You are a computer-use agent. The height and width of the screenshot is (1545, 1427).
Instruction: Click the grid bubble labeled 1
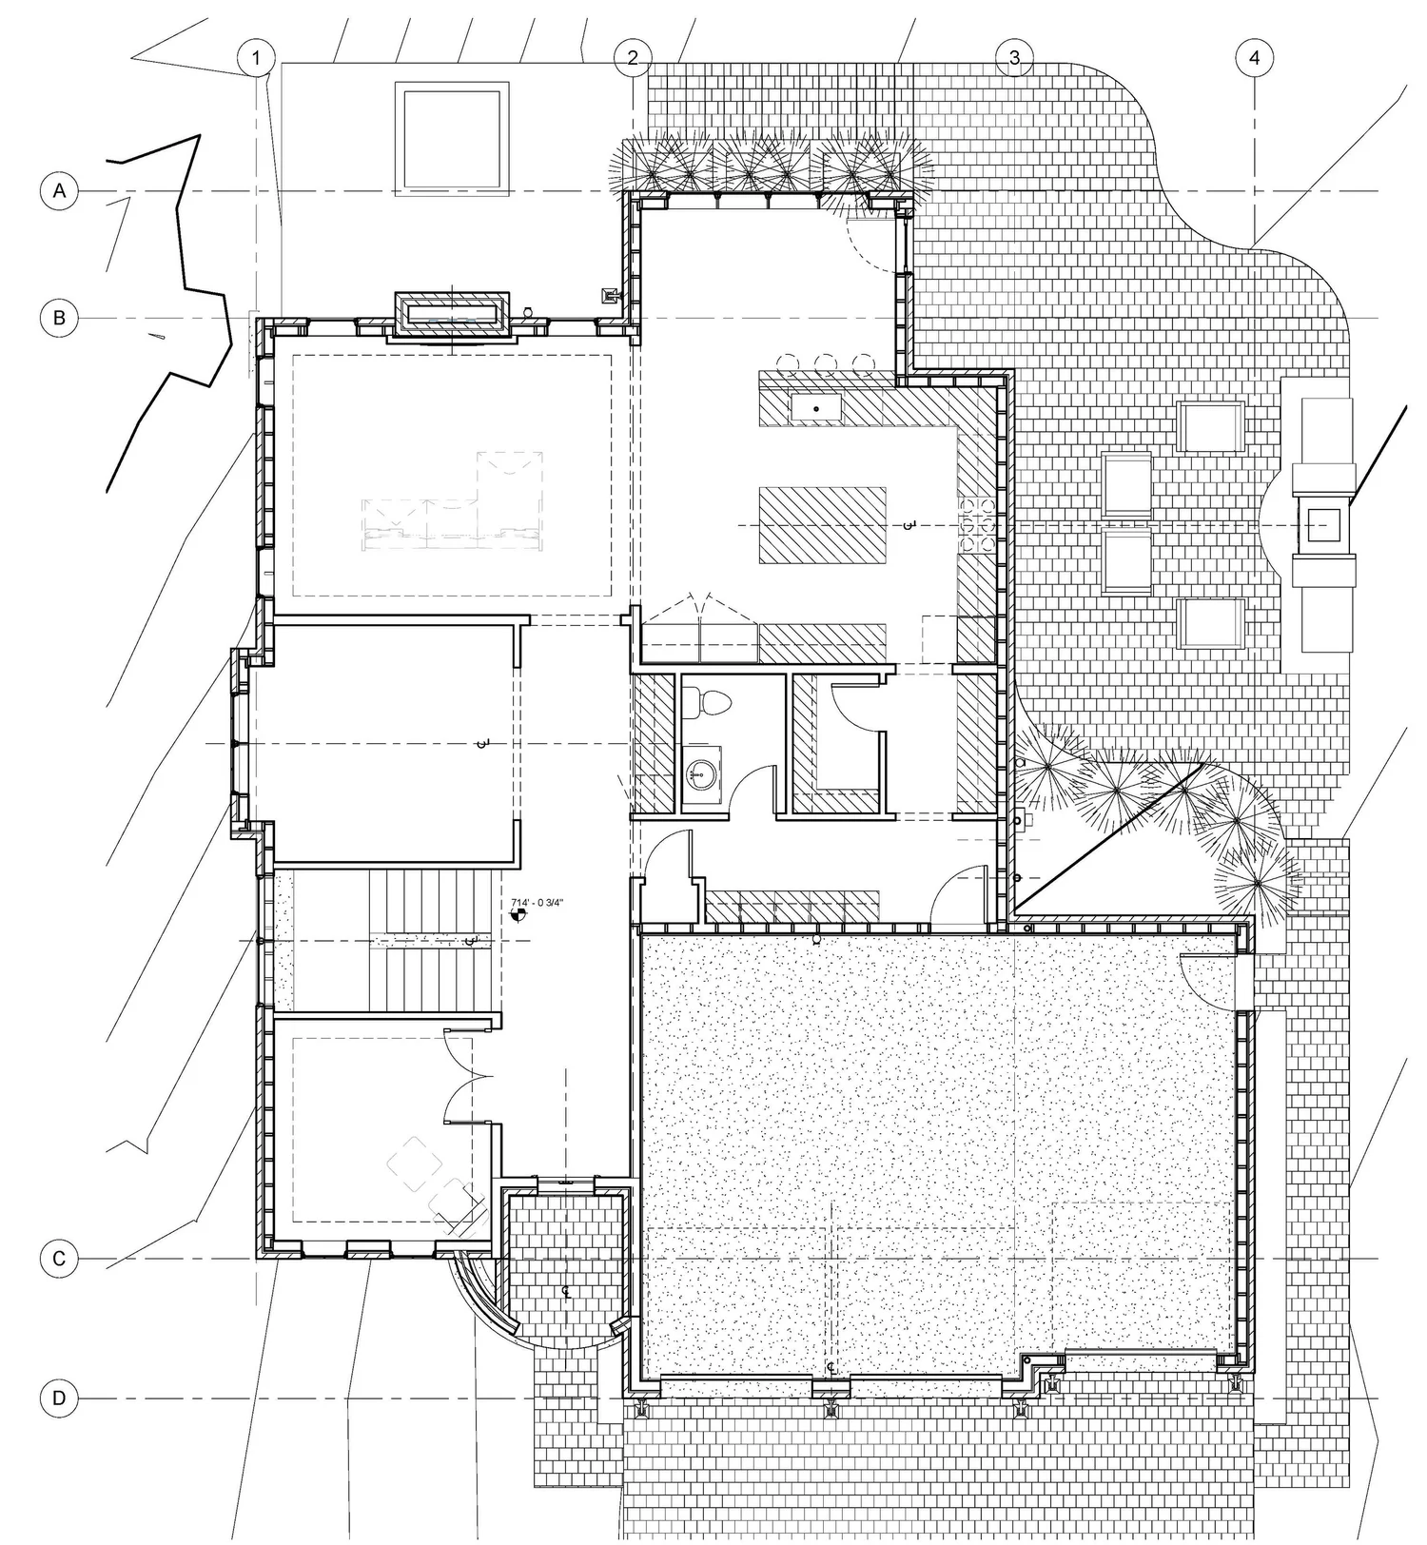pos(255,58)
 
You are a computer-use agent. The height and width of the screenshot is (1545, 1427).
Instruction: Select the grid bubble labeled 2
pos(633,58)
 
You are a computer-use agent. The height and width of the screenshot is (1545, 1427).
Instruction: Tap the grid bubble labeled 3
pos(1014,58)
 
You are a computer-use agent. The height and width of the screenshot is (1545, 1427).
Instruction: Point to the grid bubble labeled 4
pos(1254,58)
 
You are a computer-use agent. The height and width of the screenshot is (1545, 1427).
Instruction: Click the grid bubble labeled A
pos(59,191)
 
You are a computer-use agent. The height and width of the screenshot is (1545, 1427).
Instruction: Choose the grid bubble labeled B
pos(59,317)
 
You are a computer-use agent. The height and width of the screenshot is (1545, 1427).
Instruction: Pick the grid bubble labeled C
pos(59,1259)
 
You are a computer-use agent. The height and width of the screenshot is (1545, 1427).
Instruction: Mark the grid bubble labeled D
pos(59,1398)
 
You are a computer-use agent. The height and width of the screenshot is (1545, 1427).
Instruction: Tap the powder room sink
pos(702,772)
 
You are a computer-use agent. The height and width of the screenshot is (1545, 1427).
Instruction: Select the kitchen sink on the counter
pos(816,408)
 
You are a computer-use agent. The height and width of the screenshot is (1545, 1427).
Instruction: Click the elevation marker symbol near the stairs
pos(518,915)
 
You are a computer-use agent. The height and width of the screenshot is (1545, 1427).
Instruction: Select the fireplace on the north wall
pos(451,313)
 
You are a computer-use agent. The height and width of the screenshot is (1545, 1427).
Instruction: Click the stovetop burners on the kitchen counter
pos(976,524)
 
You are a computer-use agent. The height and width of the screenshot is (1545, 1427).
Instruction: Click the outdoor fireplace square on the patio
pos(1323,522)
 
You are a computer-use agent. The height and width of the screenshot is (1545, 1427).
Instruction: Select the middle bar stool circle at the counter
pos(826,362)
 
